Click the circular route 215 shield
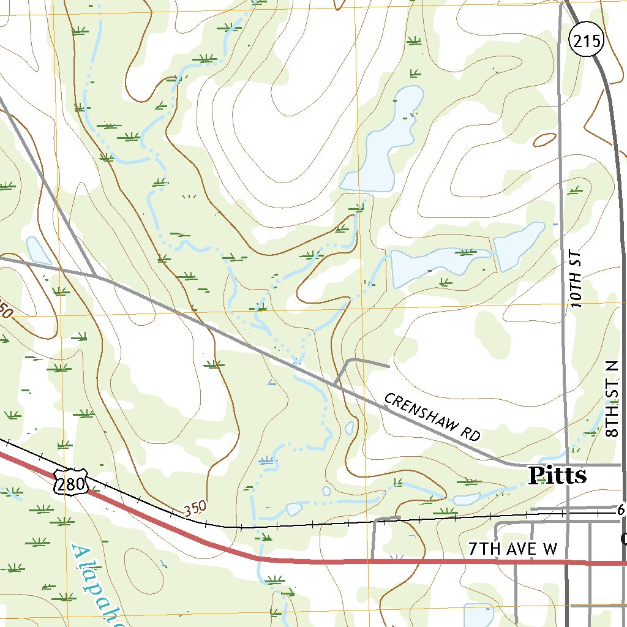[586, 41]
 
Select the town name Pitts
[557, 476]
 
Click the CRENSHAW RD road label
[432, 417]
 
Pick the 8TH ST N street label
[614, 399]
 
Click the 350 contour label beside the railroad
[195, 508]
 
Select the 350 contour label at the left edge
[5, 311]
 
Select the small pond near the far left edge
[38, 250]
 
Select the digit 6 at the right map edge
[620, 510]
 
